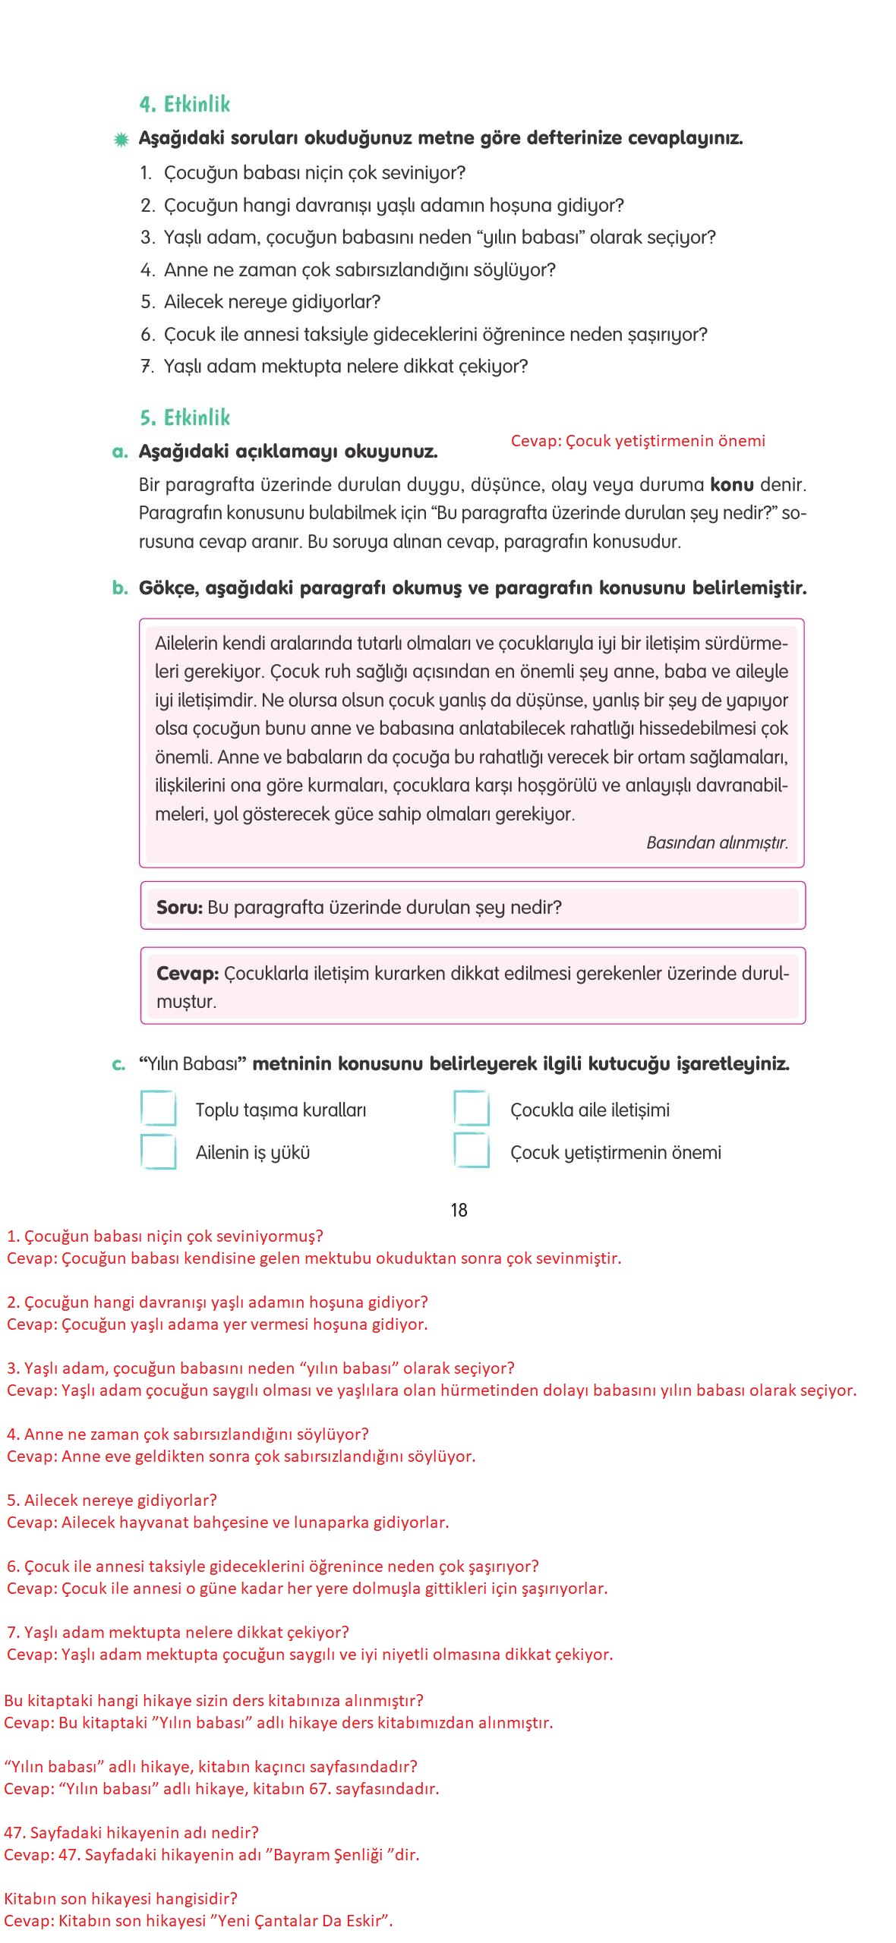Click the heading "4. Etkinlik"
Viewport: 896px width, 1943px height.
(x=185, y=104)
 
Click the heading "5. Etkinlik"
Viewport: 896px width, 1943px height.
(x=185, y=417)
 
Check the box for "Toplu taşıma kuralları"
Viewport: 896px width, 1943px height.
(x=158, y=1109)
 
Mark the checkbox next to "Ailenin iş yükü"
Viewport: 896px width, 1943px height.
(x=158, y=1151)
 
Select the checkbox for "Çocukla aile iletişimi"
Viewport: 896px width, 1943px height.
(x=472, y=1109)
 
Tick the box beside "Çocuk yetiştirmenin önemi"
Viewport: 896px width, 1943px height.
(x=472, y=1151)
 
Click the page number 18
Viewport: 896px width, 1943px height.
(x=459, y=1210)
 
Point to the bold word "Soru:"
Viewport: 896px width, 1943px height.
(x=179, y=908)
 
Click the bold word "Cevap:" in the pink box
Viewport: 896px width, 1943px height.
(x=188, y=974)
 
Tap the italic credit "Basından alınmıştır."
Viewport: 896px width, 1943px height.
(x=717, y=842)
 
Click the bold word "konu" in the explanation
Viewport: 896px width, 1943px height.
(x=732, y=485)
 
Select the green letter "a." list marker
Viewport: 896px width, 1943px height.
(x=120, y=452)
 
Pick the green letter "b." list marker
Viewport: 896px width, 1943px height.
(x=120, y=588)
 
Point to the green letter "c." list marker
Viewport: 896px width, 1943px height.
(x=119, y=1064)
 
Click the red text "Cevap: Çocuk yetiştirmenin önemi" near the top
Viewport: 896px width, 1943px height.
(x=638, y=441)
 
